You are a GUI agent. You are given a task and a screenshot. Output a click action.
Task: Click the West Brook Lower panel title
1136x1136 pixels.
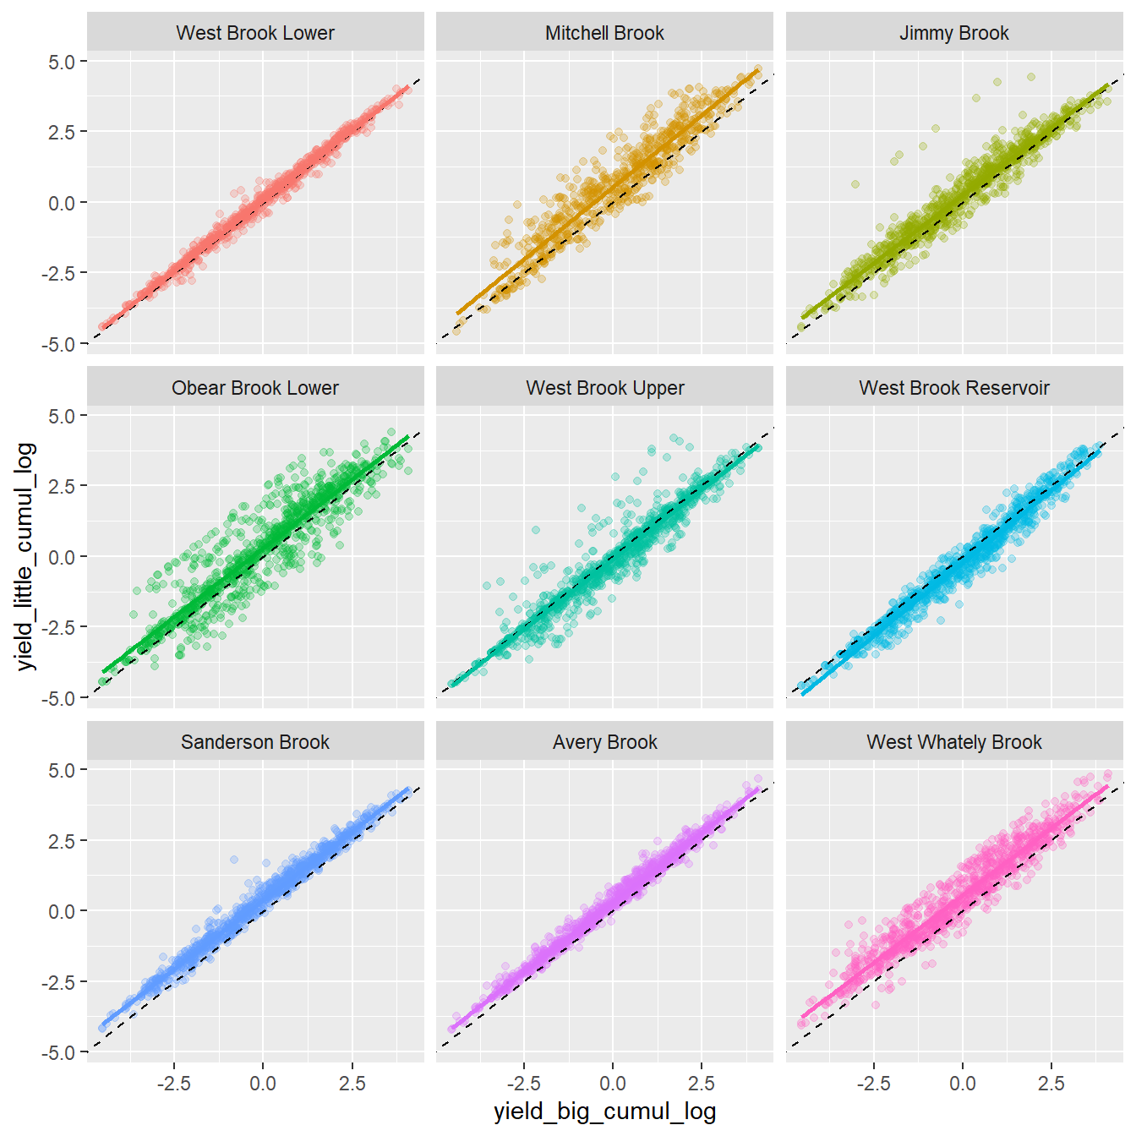click(x=255, y=33)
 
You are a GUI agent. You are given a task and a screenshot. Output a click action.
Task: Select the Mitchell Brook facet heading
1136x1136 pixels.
click(x=604, y=33)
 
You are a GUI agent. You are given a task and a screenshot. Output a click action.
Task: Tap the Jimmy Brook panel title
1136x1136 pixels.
click(x=953, y=33)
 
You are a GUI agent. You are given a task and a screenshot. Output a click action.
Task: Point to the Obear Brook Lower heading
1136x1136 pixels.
click(x=255, y=388)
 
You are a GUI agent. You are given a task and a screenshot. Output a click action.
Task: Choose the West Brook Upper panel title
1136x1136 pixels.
click(x=604, y=388)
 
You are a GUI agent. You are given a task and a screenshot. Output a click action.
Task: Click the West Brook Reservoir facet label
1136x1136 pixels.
click(x=953, y=388)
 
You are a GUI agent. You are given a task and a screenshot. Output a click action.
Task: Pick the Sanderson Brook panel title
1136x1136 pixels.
click(x=255, y=742)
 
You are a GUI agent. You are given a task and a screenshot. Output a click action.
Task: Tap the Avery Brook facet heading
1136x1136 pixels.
click(x=604, y=742)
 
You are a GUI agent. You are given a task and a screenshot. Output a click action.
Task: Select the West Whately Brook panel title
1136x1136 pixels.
click(x=953, y=742)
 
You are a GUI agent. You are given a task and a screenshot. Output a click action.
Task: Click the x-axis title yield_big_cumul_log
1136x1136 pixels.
click(x=604, y=1111)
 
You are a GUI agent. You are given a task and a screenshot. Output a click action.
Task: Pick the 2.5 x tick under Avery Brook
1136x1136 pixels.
click(x=701, y=1084)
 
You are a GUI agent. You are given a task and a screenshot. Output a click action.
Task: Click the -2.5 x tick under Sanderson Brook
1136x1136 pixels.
click(x=173, y=1084)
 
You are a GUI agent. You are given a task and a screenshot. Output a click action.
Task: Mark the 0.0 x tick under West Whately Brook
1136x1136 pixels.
click(x=962, y=1084)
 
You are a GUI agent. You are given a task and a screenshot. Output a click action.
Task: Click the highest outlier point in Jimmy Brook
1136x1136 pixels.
click(x=1031, y=77)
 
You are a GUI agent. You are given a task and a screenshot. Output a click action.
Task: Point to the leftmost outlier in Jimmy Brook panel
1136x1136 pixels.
click(x=855, y=184)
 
